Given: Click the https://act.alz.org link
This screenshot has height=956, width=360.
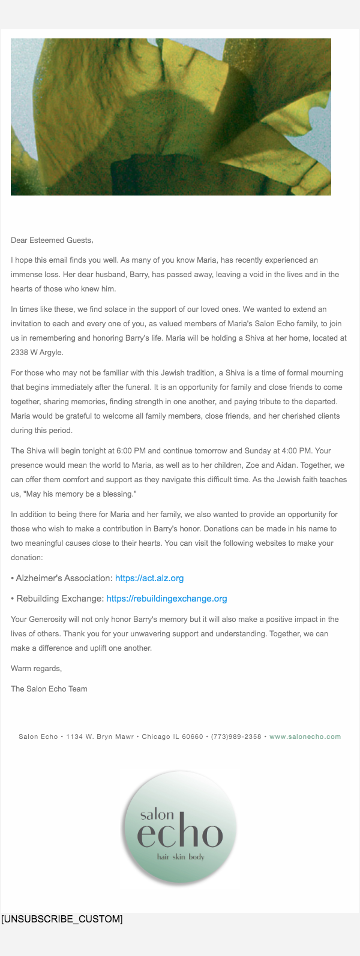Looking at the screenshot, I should click(149, 578).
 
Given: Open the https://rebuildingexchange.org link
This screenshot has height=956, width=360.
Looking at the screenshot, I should click(167, 599).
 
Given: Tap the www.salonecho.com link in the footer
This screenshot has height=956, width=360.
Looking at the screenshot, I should click(305, 736).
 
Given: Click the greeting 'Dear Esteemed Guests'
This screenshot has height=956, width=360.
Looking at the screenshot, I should click(52, 240).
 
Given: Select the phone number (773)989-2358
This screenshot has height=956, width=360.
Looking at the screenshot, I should click(236, 736).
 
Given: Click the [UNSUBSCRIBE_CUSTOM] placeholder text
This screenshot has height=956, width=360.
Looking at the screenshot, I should click(62, 919).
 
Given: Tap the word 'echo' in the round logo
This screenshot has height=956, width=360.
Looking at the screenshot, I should click(180, 834).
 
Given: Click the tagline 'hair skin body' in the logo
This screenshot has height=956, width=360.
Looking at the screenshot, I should click(181, 857).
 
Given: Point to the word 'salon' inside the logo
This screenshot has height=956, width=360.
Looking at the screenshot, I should click(157, 814).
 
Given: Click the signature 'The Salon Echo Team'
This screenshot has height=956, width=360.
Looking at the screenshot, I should click(49, 689).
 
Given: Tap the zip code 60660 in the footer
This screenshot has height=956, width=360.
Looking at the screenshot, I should click(193, 736).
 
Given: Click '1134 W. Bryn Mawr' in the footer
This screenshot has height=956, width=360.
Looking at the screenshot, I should click(100, 736).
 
